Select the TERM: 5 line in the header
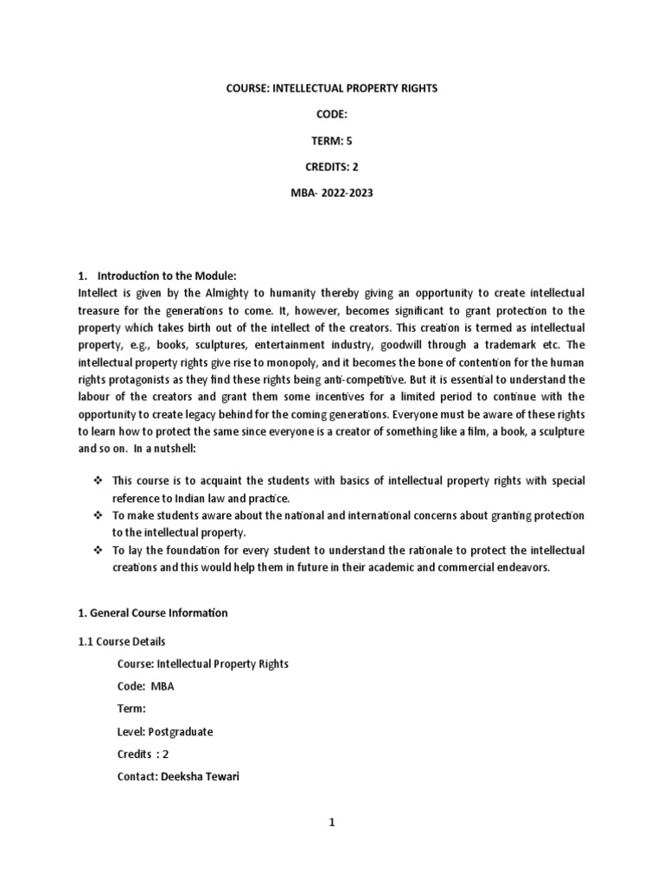click(x=332, y=142)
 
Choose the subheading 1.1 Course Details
click(x=121, y=641)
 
